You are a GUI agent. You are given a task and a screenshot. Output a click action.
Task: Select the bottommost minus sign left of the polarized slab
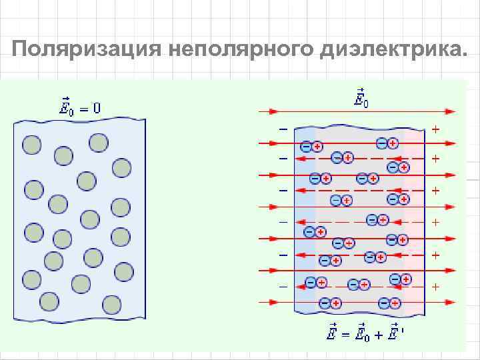(283, 287)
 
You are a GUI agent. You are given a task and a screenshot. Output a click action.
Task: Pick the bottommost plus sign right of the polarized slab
(436, 287)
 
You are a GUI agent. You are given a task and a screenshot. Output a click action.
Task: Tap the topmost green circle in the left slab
(99, 141)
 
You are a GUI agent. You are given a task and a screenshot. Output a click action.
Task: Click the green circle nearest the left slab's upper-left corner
(31, 144)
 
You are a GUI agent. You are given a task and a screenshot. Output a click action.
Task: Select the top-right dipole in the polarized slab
(387, 143)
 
